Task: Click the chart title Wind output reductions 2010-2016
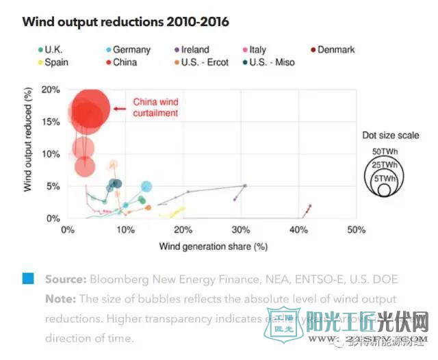pyautogui.click(x=125, y=21)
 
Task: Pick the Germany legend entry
pyautogui.click(x=129, y=50)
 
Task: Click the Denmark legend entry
pyautogui.click(x=333, y=50)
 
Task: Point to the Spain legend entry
pyautogui.click(x=53, y=62)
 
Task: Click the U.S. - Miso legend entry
pyautogui.click(x=268, y=62)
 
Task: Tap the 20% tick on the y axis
pyautogui.click(x=50, y=89)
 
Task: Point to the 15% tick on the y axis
pyautogui.click(x=50, y=121)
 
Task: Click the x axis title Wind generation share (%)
pyautogui.click(x=213, y=245)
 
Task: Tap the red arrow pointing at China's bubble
pyautogui.click(x=122, y=108)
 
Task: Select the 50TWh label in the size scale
pyautogui.click(x=385, y=151)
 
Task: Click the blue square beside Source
pyautogui.click(x=28, y=279)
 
